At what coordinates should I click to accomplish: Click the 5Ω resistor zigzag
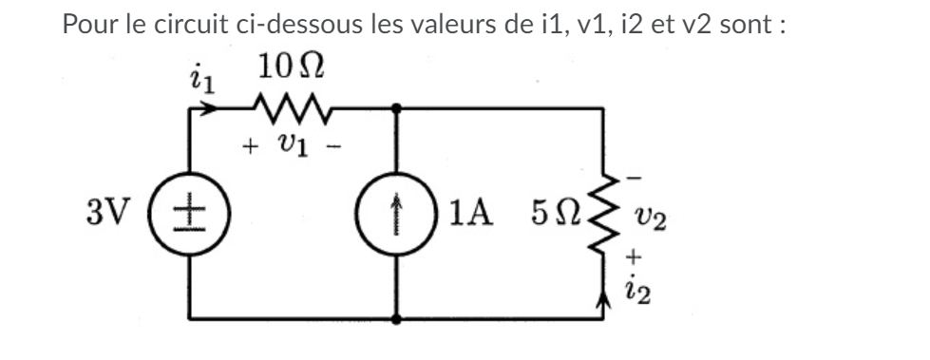pyautogui.click(x=603, y=212)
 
